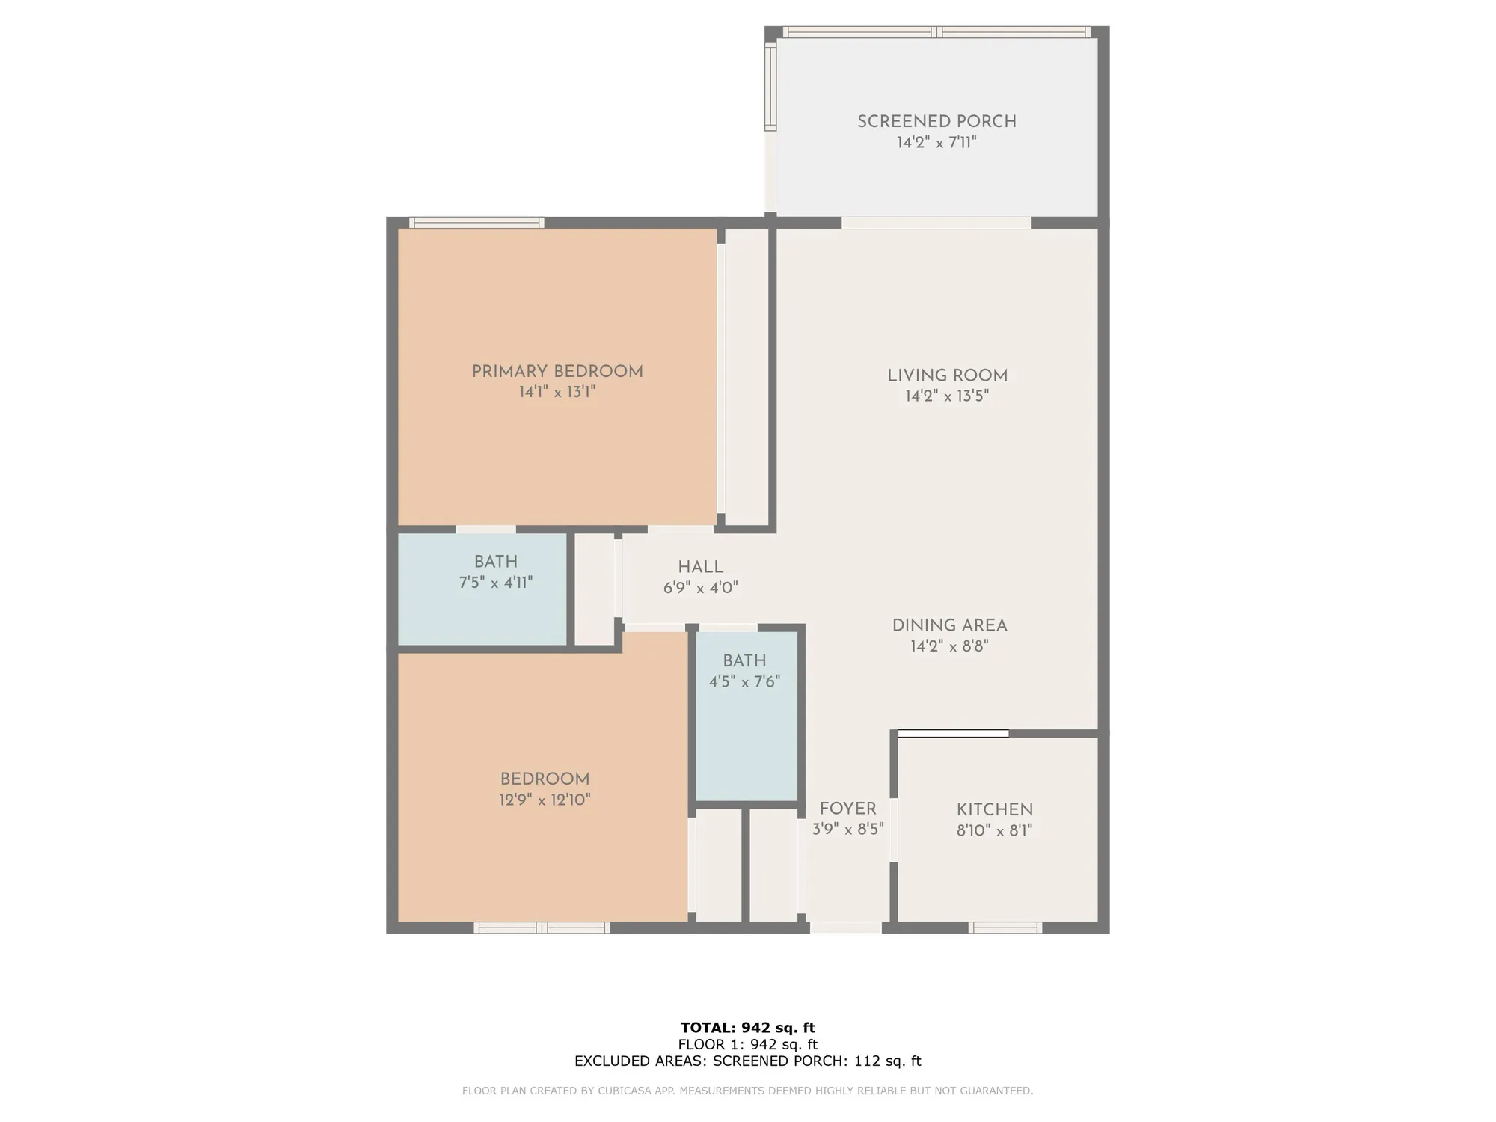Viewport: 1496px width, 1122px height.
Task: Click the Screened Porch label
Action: (x=936, y=121)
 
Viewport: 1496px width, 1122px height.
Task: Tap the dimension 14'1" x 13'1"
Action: (x=557, y=392)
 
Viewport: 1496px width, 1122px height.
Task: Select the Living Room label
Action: (x=947, y=375)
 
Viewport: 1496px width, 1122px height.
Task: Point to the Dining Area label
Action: (x=949, y=625)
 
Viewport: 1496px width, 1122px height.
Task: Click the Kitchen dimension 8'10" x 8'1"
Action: (x=994, y=830)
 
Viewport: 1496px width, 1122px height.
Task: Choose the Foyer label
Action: (x=847, y=809)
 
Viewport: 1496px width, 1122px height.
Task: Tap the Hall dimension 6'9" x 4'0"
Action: (x=700, y=588)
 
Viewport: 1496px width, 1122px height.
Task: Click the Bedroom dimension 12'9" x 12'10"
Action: (x=545, y=800)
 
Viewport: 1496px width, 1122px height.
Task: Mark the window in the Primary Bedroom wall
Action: (x=476, y=222)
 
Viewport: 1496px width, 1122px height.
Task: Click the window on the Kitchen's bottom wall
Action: (x=1005, y=928)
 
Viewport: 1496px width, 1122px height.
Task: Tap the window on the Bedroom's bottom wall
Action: (x=542, y=928)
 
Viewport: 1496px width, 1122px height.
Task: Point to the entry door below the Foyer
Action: (x=846, y=928)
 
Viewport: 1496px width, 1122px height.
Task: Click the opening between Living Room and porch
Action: (x=936, y=222)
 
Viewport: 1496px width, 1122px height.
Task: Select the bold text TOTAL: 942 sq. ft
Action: (x=747, y=1028)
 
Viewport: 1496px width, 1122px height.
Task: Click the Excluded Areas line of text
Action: (x=747, y=1061)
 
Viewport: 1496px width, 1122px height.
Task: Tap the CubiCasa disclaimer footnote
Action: (x=747, y=1091)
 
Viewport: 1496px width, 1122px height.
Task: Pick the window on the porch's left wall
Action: (x=770, y=86)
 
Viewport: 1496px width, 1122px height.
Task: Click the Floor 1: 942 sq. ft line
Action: (x=747, y=1044)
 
